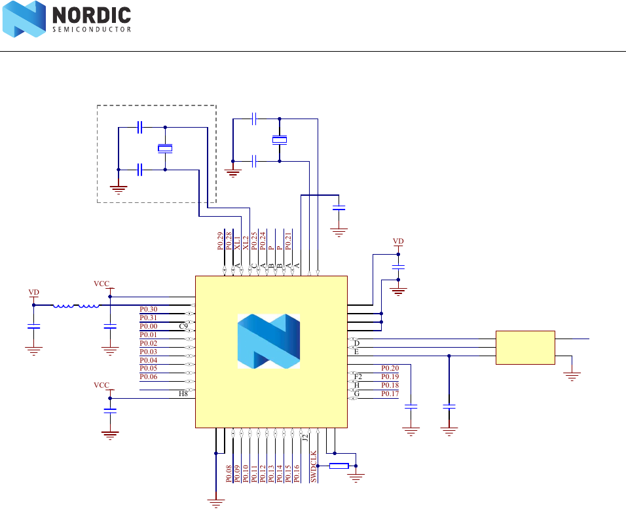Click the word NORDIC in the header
(91, 15)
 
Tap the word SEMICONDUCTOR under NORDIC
(91, 29)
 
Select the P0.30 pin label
(149, 309)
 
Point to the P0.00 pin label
(149, 326)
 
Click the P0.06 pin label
(149, 376)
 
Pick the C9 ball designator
(183, 326)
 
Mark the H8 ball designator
(183, 394)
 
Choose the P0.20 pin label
(390, 368)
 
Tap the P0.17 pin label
(390, 394)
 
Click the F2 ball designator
(358, 376)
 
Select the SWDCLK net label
(314, 466)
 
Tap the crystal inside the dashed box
(165, 149)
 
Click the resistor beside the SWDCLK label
(339, 466)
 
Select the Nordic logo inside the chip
(268, 340)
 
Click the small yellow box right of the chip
(525, 347)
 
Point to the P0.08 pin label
(229, 474)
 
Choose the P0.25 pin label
(254, 241)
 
